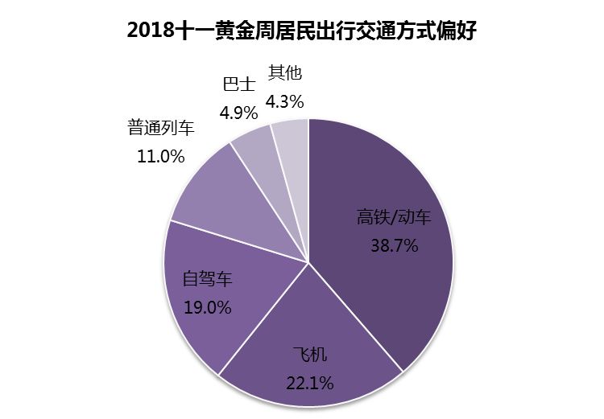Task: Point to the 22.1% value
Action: (309, 383)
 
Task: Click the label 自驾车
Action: (207, 279)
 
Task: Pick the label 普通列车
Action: (160, 127)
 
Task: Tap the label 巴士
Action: (238, 84)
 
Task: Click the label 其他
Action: (285, 73)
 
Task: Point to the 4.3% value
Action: (285, 101)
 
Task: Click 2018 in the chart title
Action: (155, 31)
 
